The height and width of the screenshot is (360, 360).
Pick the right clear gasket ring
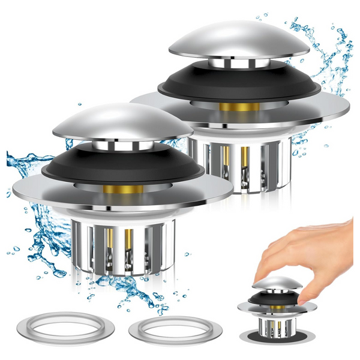(175, 329)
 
